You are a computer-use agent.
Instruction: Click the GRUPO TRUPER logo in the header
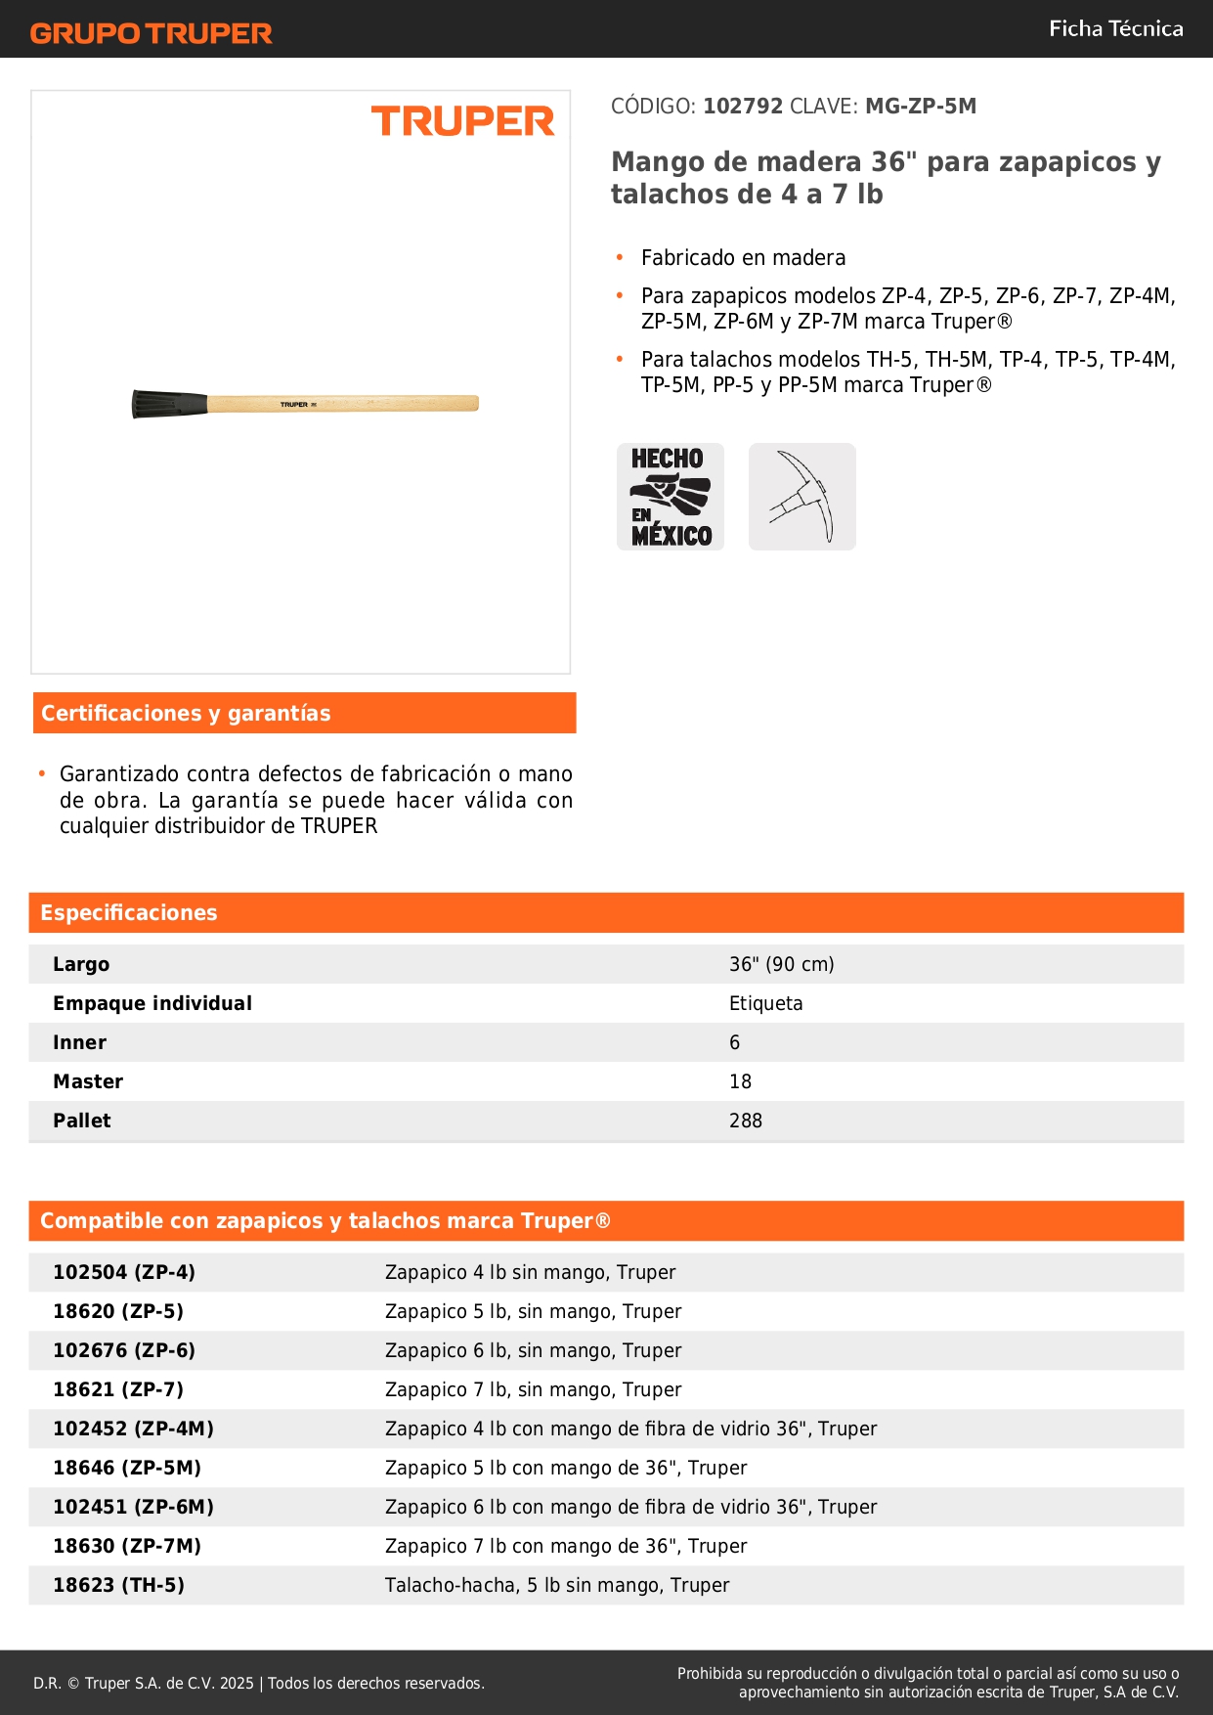tap(151, 33)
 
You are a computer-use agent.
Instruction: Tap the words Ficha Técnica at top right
tap(1115, 29)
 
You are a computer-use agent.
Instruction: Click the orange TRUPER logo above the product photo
tap(462, 121)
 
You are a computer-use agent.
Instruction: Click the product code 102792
tap(743, 107)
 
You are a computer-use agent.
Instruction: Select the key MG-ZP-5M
tap(920, 107)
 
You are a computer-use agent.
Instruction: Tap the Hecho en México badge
tap(671, 497)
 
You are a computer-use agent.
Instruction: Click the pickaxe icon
tap(801, 497)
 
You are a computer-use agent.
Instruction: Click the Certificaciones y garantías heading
tap(186, 714)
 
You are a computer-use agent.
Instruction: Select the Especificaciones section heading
tap(129, 913)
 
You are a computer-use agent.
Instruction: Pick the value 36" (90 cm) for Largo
tap(781, 965)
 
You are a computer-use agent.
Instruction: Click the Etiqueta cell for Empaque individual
tap(765, 1004)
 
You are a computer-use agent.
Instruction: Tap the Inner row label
tap(80, 1043)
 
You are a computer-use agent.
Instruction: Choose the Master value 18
tap(740, 1082)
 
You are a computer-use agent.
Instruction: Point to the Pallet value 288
tap(745, 1121)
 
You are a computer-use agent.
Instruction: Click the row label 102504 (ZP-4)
tap(124, 1273)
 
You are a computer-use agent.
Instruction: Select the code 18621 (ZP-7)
tap(118, 1390)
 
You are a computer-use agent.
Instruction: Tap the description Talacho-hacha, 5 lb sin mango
tap(556, 1586)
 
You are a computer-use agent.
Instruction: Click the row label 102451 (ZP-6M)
tap(133, 1508)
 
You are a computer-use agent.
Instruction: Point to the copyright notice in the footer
tap(259, 1684)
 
